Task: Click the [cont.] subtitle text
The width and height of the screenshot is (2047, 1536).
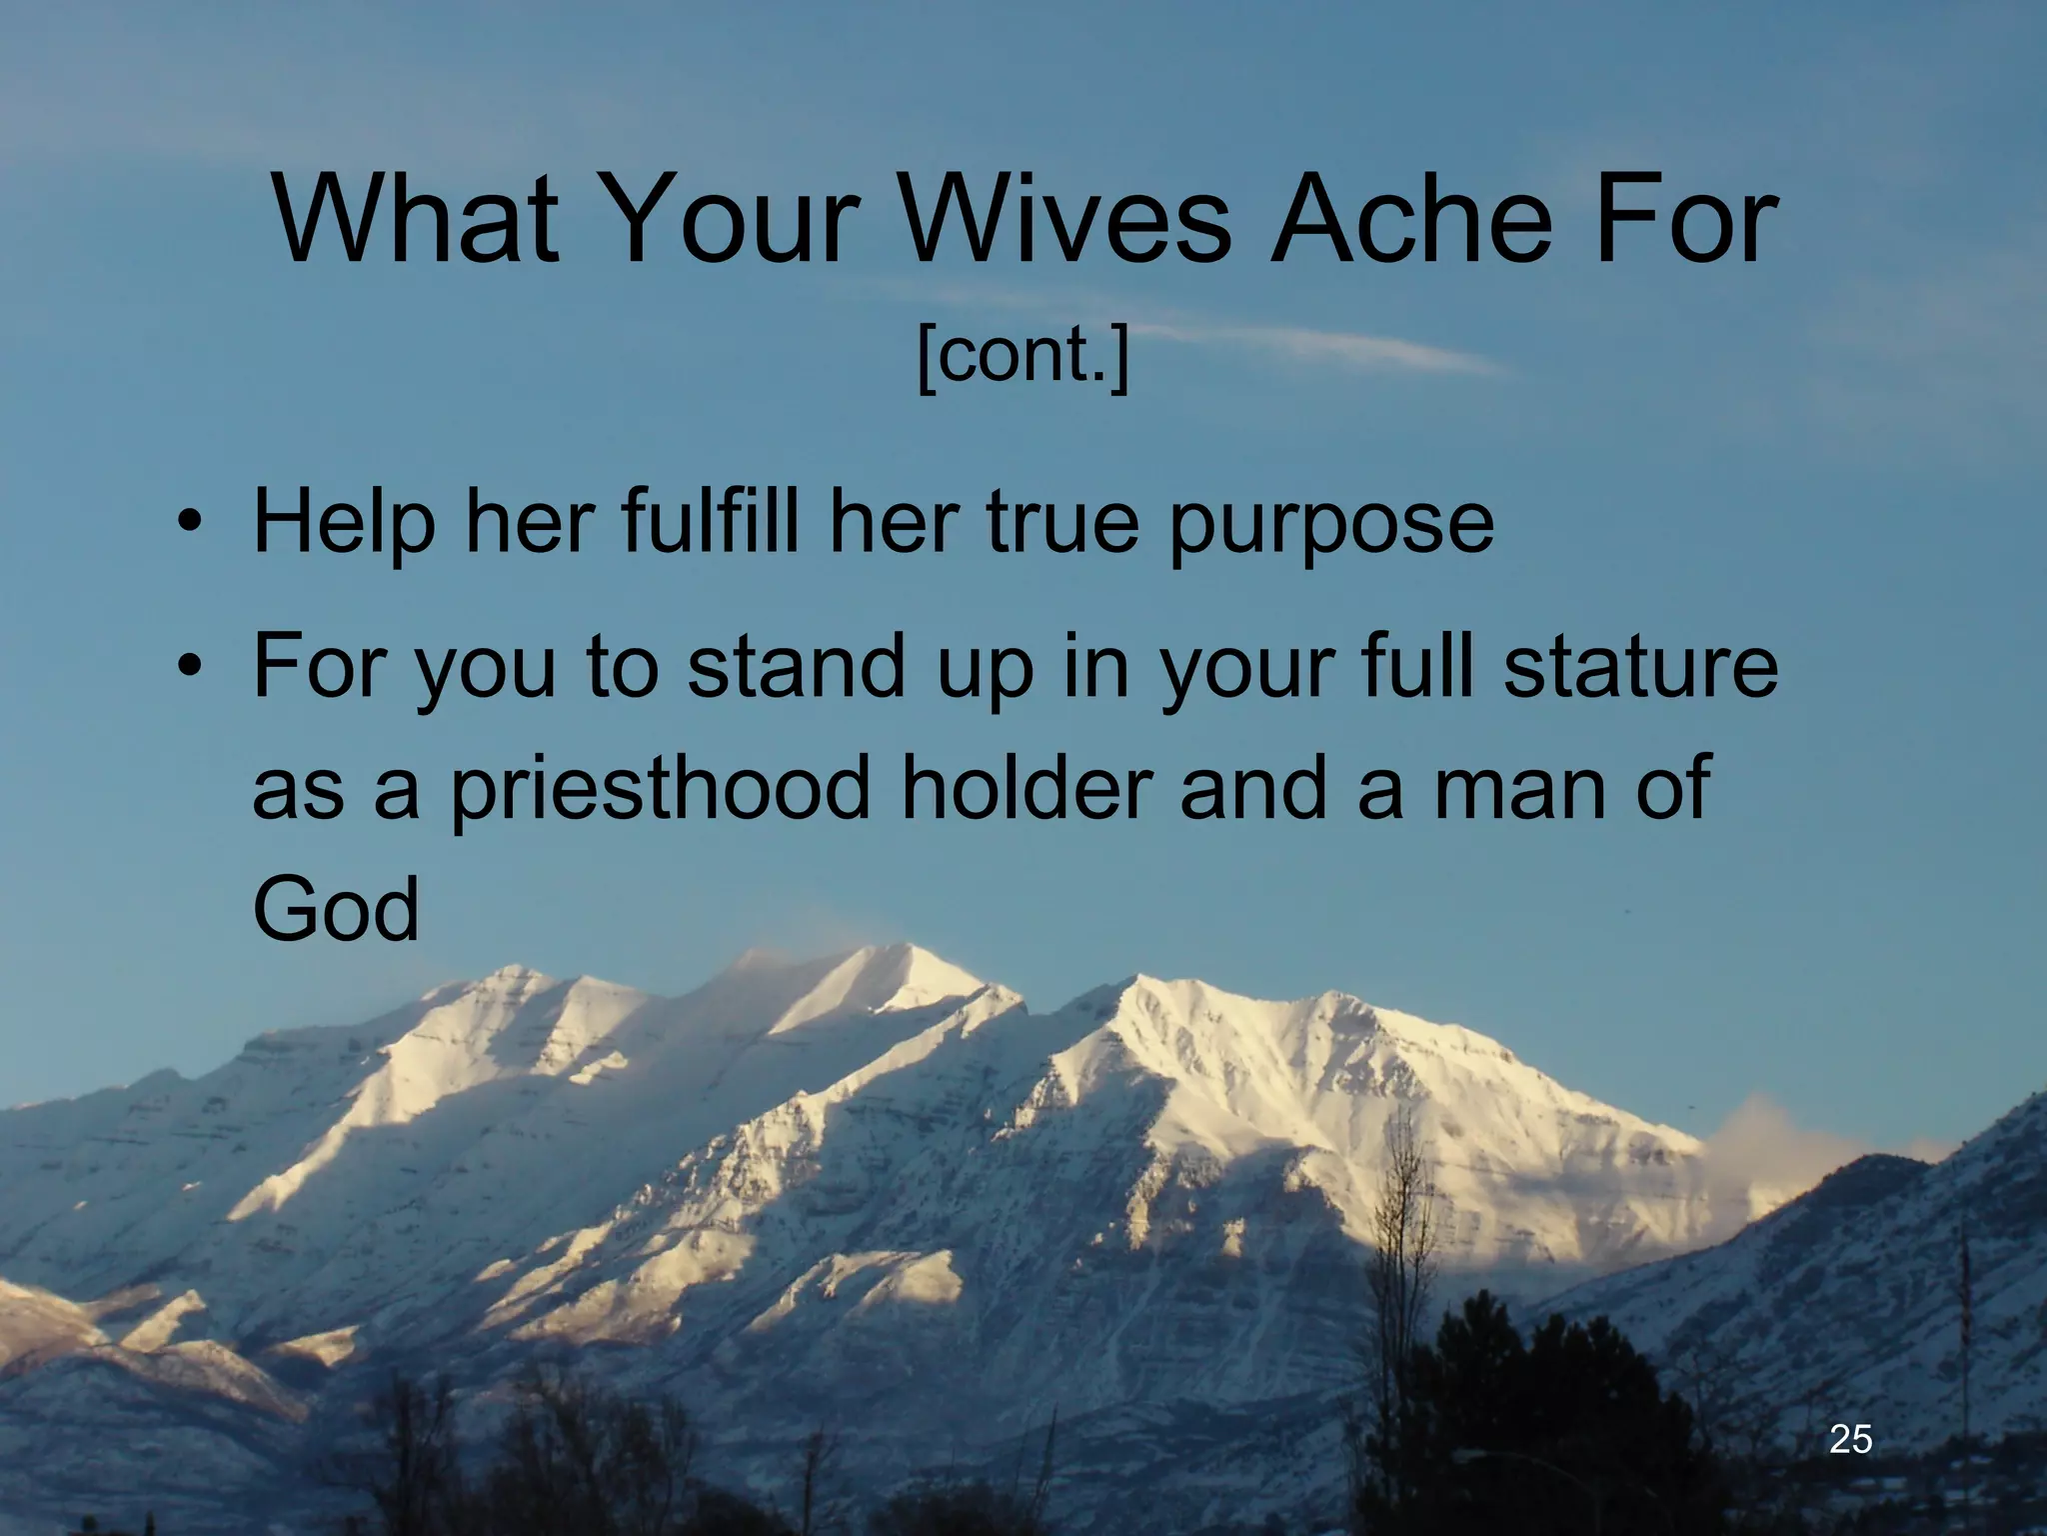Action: (x=1023, y=356)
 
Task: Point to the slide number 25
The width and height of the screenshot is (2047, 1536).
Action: (x=1850, y=1439)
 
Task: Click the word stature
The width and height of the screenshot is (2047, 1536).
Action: (x=1639, y=667)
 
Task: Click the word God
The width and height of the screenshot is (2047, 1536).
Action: (x=335, y=910)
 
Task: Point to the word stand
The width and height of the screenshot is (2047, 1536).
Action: (x=800, y=667)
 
